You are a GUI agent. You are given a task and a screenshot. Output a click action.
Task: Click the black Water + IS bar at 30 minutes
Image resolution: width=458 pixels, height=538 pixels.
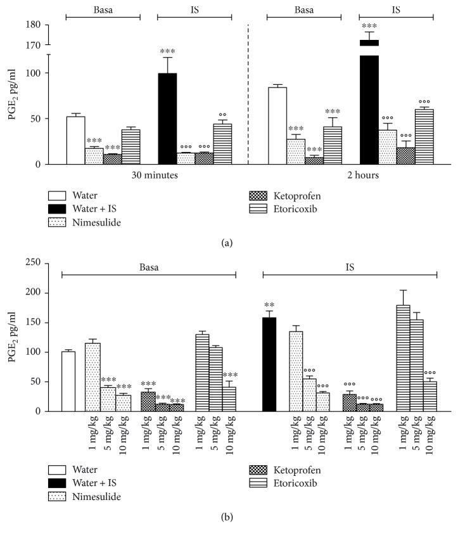tap(167, 118)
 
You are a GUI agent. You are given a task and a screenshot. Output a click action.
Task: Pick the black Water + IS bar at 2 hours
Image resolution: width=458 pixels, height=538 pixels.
tap(369, 108)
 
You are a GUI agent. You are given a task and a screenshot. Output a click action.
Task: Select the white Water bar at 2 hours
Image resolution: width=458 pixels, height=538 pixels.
tap(277, 125)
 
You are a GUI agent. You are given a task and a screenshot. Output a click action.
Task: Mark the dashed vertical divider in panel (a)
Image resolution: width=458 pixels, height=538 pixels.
tap(248, 95)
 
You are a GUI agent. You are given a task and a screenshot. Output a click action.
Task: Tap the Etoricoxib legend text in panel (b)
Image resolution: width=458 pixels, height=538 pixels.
tap(300, 483)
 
